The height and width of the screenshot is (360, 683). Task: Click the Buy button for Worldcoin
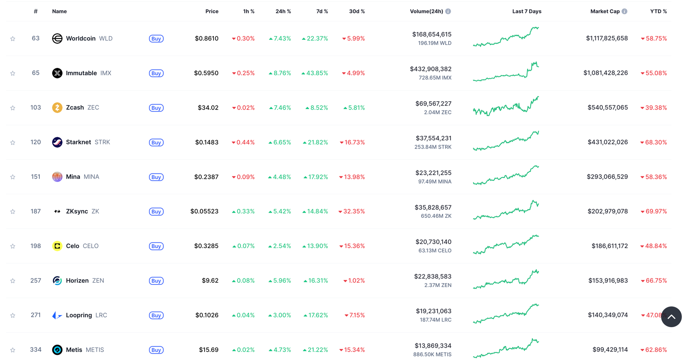point(156,39)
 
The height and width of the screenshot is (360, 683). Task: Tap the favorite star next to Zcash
point(13,108)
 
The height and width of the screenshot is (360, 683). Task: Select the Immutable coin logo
point(57,73)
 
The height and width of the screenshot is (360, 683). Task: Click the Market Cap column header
point(604,12)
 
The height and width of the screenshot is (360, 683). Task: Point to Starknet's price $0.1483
point(207,142)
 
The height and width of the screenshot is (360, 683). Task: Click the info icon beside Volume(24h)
point(448,12)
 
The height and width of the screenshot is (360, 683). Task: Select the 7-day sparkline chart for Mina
point(506,176)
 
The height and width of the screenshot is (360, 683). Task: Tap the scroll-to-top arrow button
point(671,316)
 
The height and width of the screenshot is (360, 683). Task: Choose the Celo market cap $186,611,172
point(610,246)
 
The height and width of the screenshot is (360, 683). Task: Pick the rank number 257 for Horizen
point(36,281)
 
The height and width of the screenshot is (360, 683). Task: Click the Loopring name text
point(79,315)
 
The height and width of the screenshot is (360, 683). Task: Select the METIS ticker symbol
point(95,350)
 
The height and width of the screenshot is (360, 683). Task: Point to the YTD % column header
point(658,12)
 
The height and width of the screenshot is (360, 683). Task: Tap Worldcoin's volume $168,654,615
point(432,34)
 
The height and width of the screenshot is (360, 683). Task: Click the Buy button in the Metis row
point(156,350)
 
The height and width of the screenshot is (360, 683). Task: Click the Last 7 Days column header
point(527,12)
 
